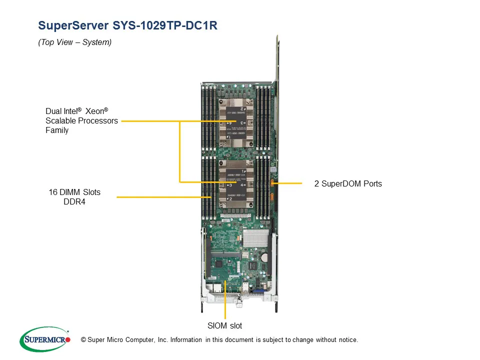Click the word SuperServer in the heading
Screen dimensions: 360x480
(x=72, y=26)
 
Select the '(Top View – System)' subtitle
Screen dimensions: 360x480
(x=75, y=42)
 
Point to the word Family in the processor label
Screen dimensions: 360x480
(x=57, y=130)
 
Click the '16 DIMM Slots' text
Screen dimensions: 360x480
(x=74, y=192)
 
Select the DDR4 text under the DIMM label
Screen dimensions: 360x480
(x=74, y=202)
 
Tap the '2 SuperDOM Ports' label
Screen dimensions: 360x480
(x=348, y=184)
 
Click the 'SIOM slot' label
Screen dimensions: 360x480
(x=224, y=326)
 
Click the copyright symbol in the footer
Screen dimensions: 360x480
(x=83, y=340)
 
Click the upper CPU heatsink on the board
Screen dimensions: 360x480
(x=235, y=122)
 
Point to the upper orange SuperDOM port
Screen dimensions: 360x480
(x=272, y=182)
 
